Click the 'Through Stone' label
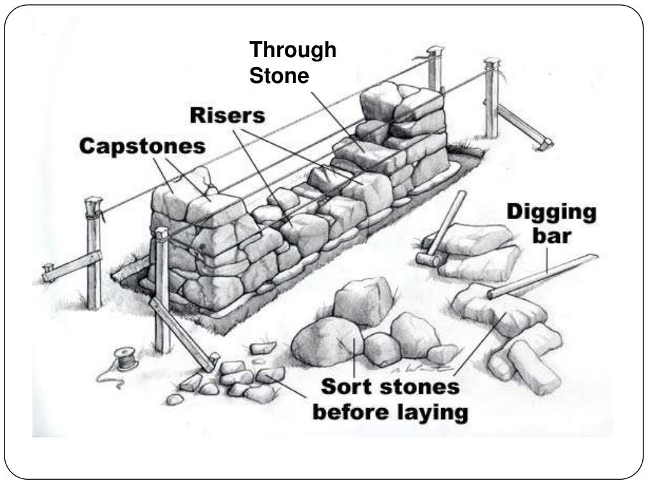pyautogui.click(x=292, y=63)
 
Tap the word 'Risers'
pyautogui.click(x=227, y=115)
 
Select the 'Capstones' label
pyautogui.click(x=142, y=146)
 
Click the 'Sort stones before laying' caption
pyautogui.click(x=390, y=399)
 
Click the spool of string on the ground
pyautogui.click(x=126, y=358)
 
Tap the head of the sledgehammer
pyautogui.click(x=428, y=258)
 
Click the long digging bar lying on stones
pyautogui.click(x=544, y=275)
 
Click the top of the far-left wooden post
pyautogui.click(x=94, y=204)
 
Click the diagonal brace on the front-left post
pyautogui.click(x=184, y=336)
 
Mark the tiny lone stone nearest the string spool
pyautogui.click(x=175, y=399)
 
